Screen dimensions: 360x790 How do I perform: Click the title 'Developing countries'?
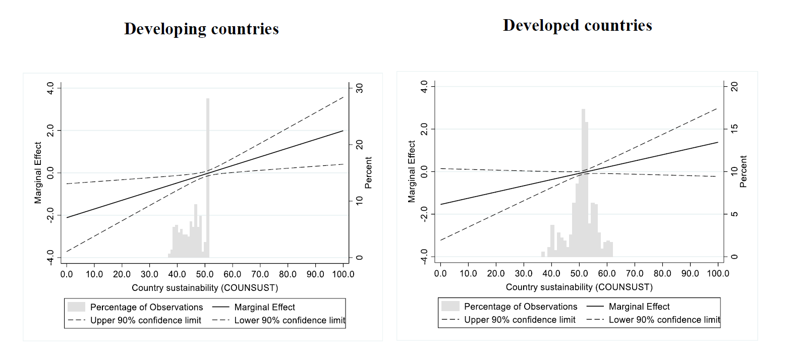pyautogui.click(x=201, y=29)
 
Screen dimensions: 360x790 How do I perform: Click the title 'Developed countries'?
pyautogui.click(x=577, y=25)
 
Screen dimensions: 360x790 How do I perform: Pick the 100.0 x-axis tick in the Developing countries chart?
pyautogui.click(x=343, y=274)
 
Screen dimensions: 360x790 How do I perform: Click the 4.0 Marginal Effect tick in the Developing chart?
pyautogui.click(x=50, y=88)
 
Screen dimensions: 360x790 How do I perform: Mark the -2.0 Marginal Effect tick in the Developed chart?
pyautogui.click(x=424, y=214)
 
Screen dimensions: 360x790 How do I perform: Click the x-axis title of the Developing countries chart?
pyautogui.click(x=205, y=288)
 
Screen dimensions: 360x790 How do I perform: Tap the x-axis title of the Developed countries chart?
pyautogui.click(x=579, y=287)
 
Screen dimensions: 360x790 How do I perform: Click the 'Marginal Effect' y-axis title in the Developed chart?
pyautogui.click(x=412, y=171)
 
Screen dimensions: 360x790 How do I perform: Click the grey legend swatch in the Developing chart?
pyautogui.click(x=76, y=307)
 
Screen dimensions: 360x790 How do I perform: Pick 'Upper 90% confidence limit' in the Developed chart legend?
pyautogui.click(x=520, y=320)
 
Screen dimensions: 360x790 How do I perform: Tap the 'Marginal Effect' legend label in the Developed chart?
pyautogui.click(x=639, y=307)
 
